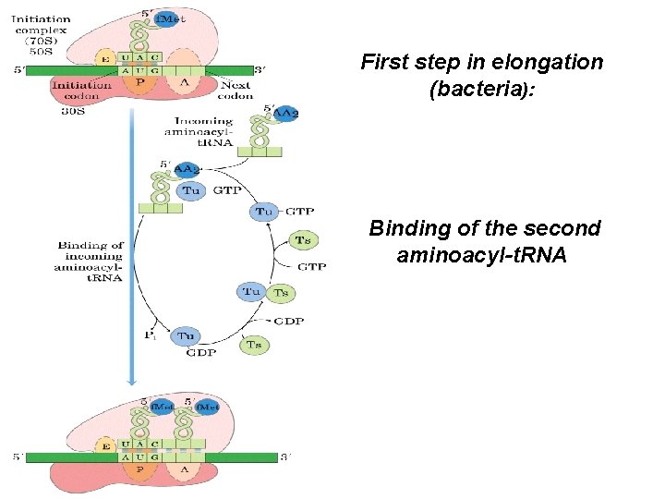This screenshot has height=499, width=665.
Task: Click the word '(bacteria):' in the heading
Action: (x=481, y=90)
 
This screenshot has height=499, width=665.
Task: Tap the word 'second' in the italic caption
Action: (x=562, y=228)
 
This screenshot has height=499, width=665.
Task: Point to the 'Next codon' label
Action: (x=236, y=90)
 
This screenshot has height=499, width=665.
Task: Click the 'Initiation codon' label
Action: (x=82, y=90)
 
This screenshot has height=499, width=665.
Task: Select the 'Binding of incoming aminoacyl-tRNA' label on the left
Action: (x=91, y=261)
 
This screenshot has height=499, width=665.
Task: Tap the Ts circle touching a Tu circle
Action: (x=282, y=293)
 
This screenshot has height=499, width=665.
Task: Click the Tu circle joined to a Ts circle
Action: (x=252, y=292)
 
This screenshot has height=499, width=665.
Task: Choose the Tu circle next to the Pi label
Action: (x=187, y=336)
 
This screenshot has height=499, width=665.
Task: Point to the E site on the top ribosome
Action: (x=104, y=60)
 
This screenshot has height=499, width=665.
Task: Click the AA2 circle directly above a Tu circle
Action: (x=187, y=169)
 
